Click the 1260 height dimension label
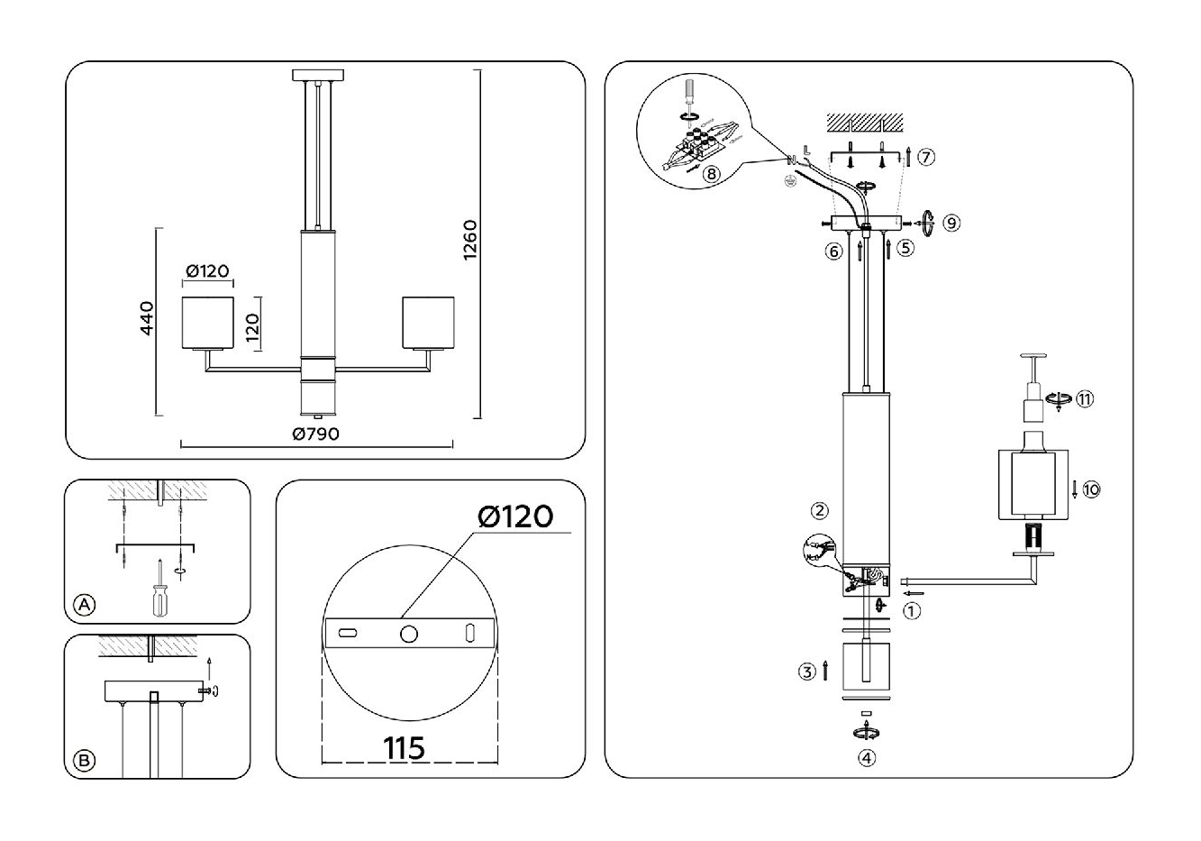tap(469, 241)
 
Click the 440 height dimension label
tap(147, 317)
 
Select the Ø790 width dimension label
tap(315, 434)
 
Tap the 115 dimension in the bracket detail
tap(405, 748)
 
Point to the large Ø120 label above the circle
tap(514, 516)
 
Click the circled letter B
tap(84, 762)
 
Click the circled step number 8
tap(712, 174)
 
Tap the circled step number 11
tap(1085, 399)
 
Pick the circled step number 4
tap(866, 758)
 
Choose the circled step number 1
tap(912, 610)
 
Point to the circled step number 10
tap(1091, 489)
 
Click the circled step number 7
tap(926, 157)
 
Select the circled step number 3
tap(807, 672)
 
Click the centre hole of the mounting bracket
tap(409, 634)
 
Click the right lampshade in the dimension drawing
tap(427, 321)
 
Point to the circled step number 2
tap(819, 511)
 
